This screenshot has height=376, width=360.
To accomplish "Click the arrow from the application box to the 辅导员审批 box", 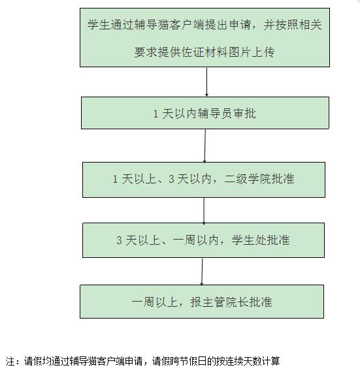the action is (x=206, y=82).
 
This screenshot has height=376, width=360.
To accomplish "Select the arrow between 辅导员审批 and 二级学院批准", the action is (x=205, y=146).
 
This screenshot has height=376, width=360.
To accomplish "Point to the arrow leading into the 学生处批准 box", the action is (x=204, y=211).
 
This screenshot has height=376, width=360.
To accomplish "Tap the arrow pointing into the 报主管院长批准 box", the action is (x=202, y=272).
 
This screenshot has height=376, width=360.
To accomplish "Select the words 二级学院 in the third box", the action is (x=248, y=179).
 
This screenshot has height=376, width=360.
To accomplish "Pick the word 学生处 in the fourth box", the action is (x=249, y=240).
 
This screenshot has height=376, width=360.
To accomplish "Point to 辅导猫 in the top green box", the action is (x=151, y=25).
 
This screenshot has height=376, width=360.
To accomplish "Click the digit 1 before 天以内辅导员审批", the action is (x=155, y=114).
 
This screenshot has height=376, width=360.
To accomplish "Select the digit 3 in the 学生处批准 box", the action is (x=119, y=240).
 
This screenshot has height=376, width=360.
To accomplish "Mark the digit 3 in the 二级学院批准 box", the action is (x=171, y=179).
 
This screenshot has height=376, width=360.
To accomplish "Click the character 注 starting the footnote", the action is (x=10, y=361).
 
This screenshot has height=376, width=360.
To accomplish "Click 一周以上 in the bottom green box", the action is (x=155, y=302).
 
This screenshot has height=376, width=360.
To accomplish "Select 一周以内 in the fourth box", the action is (x=195, y=240).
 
